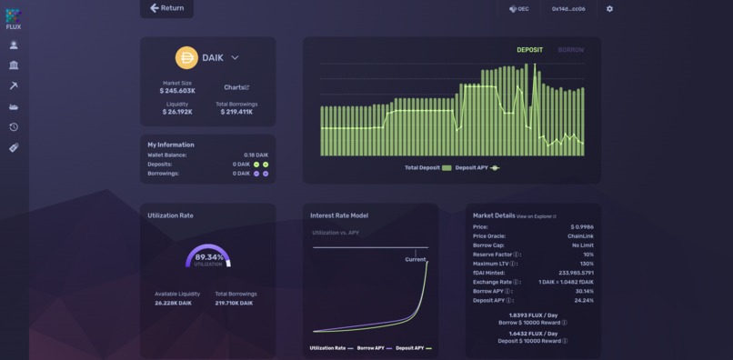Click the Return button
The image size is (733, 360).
tap(166, 8)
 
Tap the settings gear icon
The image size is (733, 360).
tap(609, 9)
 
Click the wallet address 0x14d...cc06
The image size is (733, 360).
tap(568, 9)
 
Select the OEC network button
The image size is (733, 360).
tap(519, 9)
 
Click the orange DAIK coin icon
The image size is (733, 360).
tap(186, 57)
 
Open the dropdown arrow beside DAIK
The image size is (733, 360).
tap(235, 57)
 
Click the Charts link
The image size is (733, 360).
tap(236, 87)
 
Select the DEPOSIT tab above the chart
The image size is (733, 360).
tap(529, 50)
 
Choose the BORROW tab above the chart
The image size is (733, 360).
tap(571, 50)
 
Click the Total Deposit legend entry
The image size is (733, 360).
tap(428, 168)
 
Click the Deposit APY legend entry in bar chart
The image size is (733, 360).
tap(477, 168)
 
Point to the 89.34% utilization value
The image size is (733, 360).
tap(208, 257)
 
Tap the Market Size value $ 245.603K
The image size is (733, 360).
tap(177, 91)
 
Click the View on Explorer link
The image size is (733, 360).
tap(536, 216)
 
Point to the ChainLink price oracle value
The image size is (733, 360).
tap(579, 235)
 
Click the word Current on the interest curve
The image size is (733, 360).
tap(415, 260)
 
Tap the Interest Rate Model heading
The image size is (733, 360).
tap(339, 215)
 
